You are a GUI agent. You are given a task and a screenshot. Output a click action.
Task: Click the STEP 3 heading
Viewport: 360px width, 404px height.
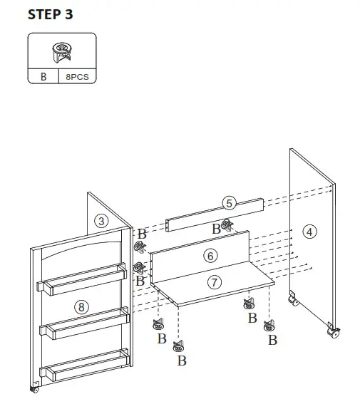pyautogui.click(x=50, y=14)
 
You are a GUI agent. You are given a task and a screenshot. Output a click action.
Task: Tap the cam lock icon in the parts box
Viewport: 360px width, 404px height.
pyautogui.click(x=62, y=51)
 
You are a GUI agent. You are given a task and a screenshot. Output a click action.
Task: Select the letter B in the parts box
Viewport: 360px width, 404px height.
pyautogui.click(x=43, y=76)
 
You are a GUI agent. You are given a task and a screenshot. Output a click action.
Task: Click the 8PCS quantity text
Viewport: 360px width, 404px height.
pyautogui.click(x=78, y=76)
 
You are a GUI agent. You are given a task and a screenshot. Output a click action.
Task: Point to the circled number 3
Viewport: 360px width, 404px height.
pyautogui.click(x=102, y=221)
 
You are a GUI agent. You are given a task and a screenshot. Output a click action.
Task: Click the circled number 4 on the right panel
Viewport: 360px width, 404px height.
pyautogui.click(x=308, y=231)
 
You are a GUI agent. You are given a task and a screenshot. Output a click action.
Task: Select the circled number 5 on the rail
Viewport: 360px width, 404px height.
pyautogui.click(x=228, y=203)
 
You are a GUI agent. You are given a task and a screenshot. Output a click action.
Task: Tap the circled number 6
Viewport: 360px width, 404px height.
pyautogui.click(x=210, y=255)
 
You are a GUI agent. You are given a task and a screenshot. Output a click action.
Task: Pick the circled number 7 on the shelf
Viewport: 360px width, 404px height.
pyautogui.click(x=214, y=281)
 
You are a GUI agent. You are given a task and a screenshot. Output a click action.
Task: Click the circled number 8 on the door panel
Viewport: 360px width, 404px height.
pyautogui.click(x=82, y=306)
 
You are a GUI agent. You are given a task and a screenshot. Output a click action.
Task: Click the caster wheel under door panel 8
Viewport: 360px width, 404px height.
pyautogui.click(x=34, y=388)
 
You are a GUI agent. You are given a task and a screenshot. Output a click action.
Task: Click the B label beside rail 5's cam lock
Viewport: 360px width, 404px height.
pyautogui.click(x=215, y=229)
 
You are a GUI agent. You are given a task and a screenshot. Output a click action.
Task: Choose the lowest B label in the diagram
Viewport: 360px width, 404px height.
pyautogui.click(x=182, y=361)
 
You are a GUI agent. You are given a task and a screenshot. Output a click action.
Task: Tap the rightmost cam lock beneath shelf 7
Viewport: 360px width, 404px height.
pyautogui.click(x=268, y=326)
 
